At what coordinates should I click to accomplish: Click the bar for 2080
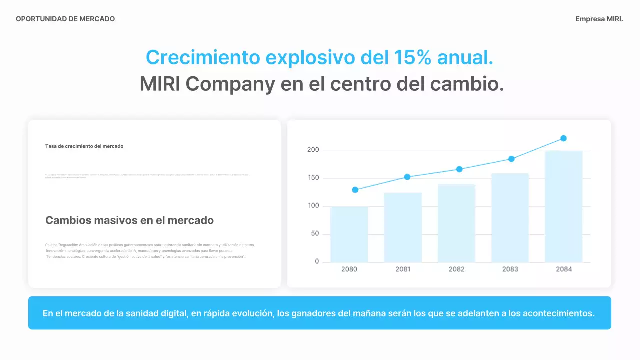(x=349, y=234)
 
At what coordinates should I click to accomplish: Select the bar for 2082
(x=456, y=223)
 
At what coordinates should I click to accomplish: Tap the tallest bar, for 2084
(x=564, y=206)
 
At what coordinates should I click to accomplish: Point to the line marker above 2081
(x=407, y=177)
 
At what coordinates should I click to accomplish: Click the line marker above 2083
(x=511, y=159)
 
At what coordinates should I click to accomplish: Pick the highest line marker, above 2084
(x=563, y=138)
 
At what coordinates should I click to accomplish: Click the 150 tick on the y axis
(x=313, y=178)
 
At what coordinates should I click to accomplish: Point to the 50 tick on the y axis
(x=314, y=234)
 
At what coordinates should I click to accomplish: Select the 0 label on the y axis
(x=317, y=262)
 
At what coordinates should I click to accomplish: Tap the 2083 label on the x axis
(x=510, y=269)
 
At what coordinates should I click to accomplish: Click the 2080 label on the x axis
(x=349, y=269)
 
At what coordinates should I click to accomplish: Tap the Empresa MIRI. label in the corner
(x=599, y=19)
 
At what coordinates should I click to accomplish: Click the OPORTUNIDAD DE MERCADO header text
(x=65, y=19)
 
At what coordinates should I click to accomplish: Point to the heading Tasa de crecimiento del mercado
(x=84, y=146)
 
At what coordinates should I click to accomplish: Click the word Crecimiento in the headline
(x=203, y=58)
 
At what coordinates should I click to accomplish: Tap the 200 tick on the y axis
(x=313, y=150)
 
